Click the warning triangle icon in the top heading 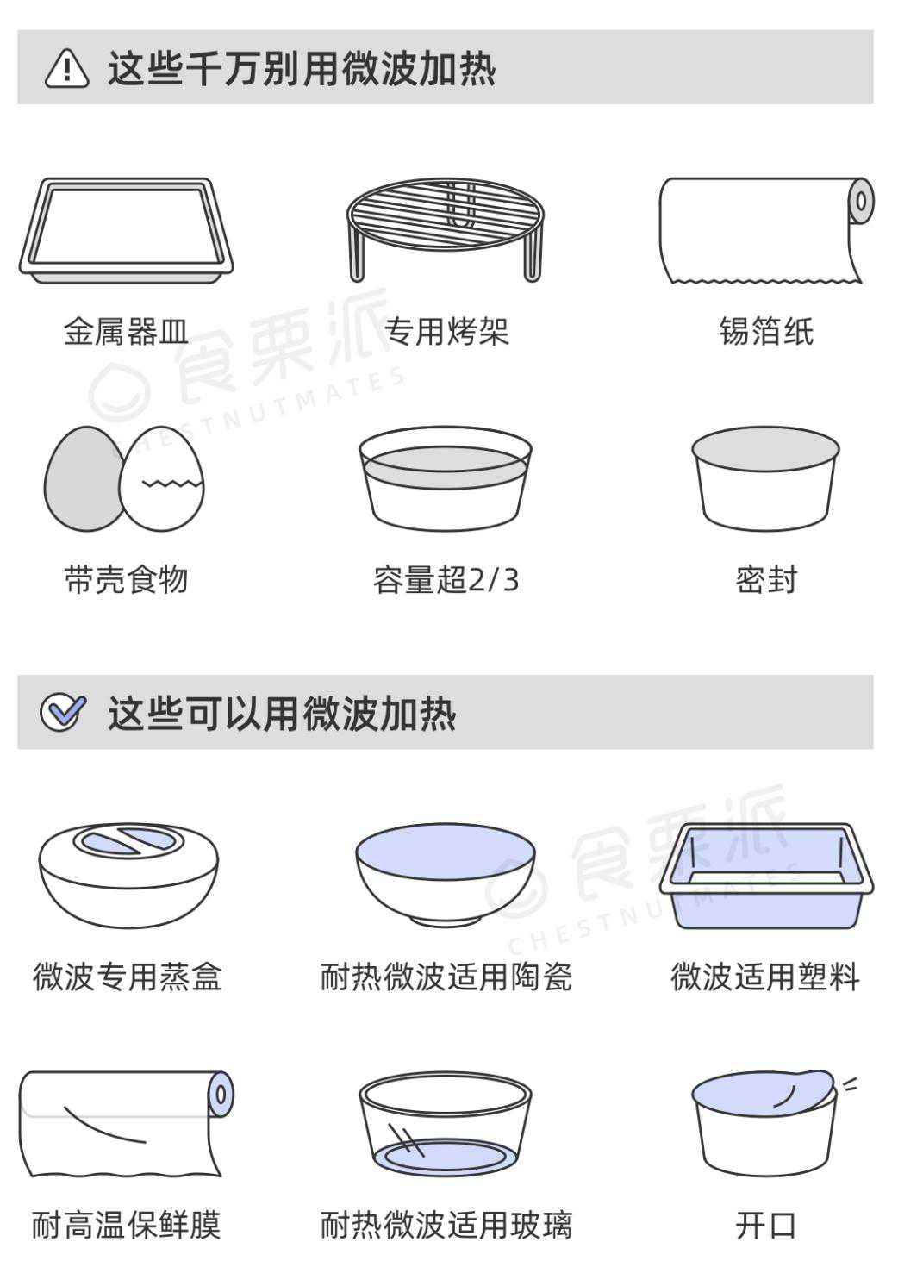click(x=66, y=68)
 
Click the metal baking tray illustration click(x=126, y=231)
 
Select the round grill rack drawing click(x=446, y=229)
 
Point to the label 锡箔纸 click(x=766, y=332)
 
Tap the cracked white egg click(x=162, y=478)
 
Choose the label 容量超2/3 click(x=446, y=580)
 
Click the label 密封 click(x=766, y=580)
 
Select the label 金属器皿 click(x=126, y=332)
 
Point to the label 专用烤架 click(x=446, y=332)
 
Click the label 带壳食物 click(x=126, y=580)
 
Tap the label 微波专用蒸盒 click(x=127, y=977)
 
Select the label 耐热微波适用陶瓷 click(x=446, y=977)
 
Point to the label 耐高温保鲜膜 click(x=126, y=1225)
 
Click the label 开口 click(x=766, y=1225)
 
